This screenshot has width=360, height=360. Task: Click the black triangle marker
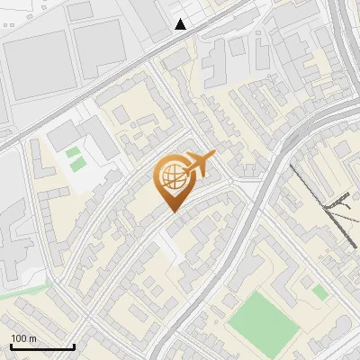tap(181, 24)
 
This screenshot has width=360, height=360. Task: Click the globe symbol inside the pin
tap(172, 177)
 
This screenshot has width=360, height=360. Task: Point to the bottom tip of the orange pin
tap(172, 211)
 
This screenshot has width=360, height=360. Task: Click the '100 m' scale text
tap(23, 337)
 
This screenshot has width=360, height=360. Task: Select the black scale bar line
tap(42, 346)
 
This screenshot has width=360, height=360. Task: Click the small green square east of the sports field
tap(319, 292)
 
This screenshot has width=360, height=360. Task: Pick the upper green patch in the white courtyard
tap(72, 152)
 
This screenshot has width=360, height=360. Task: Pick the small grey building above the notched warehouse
tap(80, 10)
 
